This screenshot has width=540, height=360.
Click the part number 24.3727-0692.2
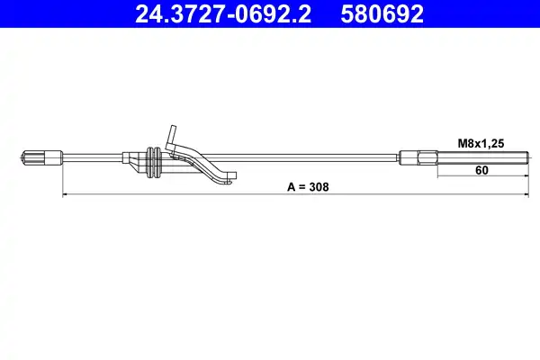(223, 14)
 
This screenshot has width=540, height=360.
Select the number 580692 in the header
(382, 14)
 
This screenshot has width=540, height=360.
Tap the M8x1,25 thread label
(481, 143)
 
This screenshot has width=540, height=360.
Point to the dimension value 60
(481, 170)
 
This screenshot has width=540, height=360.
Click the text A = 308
(308, 187)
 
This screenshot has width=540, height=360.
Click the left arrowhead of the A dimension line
(65, 195)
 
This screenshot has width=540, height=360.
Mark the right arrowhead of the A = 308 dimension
(526, 195)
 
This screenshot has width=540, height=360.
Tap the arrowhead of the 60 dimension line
(526, 176)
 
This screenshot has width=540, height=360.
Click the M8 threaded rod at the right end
(482, 157)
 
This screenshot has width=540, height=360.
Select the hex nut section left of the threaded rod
(427, 157)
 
